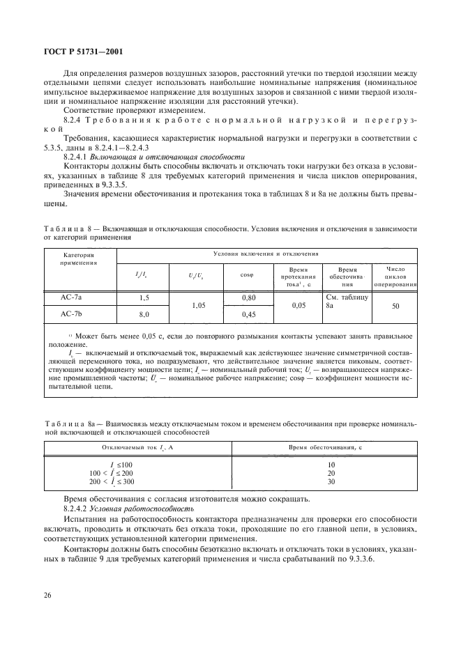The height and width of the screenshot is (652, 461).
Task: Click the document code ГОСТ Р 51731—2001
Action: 80,52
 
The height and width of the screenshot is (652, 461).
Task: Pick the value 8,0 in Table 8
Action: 144,315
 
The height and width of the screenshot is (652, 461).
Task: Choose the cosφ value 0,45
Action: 248,315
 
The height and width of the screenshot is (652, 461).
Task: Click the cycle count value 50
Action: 395,306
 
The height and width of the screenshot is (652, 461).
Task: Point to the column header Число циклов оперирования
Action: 395,277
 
